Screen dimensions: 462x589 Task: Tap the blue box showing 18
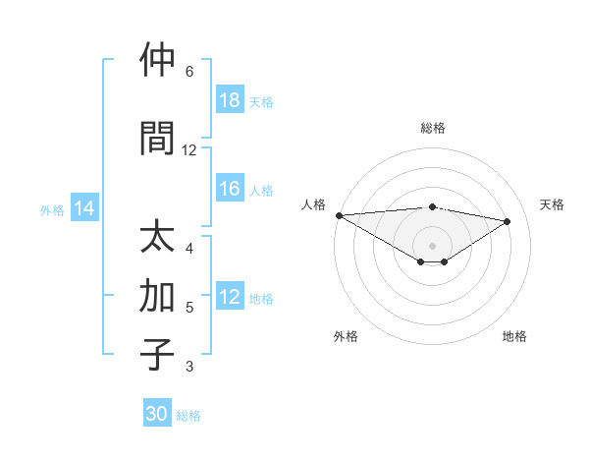pyautogui.click(x=230, y=100)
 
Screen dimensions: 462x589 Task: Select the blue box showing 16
pyautogui.click(x=230, y=190)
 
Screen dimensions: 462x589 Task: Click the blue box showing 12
pyautogui.click(x=230, y=298)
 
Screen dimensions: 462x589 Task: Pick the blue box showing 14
pyautogui.click(x=84, y=208)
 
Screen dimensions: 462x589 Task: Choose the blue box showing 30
pyautogui.click(x=157, y=414)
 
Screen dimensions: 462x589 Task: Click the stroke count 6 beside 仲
pyautogui.click(x=189, y=72)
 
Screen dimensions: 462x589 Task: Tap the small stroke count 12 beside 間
pyautogui.click(x=189, y=150)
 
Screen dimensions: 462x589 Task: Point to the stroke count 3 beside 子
pyautogui.click(x=189, y=367)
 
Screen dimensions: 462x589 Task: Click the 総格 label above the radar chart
pyautogui.click(x=433, y=128)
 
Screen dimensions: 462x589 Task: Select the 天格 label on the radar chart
pyautogui.click(x=552, y=204)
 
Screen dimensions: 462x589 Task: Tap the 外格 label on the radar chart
pyautogui.click(x=346, y=337)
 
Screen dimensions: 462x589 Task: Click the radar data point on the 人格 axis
pyautogui.click(x=339, y=214)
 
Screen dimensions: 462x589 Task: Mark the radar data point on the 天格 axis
pyautogui.click(x=508, y=221)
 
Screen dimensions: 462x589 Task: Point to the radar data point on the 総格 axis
pyautogui.click(x=433, y=206)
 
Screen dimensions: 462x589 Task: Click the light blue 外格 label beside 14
pyautogui.click(x=52, y=209)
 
